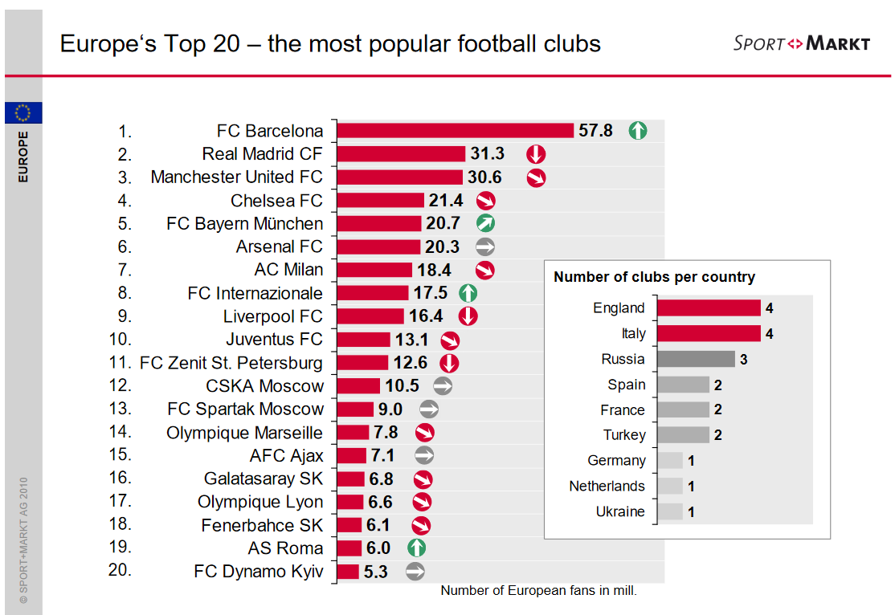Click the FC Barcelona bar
[455, 131]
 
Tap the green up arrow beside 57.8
[637, 130]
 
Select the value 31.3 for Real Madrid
[487, 153]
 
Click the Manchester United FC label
[236, 177]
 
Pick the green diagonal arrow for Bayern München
[484, 223]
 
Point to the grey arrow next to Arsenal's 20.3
[484, 246]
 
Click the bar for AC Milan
[374, 270]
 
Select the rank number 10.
[120, 339]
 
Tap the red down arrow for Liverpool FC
[468, 316]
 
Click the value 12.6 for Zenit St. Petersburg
[410, 363]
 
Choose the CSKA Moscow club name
[264, 386]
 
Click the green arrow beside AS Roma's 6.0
[415, 548]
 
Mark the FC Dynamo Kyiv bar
[348, 572]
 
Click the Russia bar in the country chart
[696, 359]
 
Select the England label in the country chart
[619, 308]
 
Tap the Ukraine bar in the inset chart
[670, 511]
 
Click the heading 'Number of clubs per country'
[654, 277]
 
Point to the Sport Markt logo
[801, 43]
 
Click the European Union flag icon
[23, 113]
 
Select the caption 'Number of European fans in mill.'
[538, 591]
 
